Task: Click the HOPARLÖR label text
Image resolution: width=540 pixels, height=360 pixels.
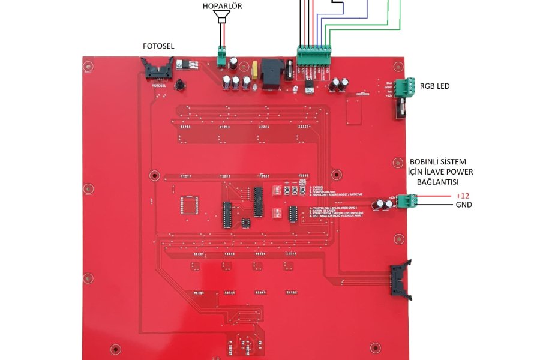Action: tap(223, 7)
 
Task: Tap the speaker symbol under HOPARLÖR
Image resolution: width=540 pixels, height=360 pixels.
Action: tap(223, 18)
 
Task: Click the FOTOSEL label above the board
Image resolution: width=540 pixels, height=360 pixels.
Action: tap(159, 46)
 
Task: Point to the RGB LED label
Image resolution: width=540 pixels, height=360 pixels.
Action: tap(435, 86)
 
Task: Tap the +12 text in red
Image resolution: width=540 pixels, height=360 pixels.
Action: tap(463, 196)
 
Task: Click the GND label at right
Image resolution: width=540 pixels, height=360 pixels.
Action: tap(463, 205)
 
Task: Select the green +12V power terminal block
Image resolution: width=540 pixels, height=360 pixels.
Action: tap(410, 200)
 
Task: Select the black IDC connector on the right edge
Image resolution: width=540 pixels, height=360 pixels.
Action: tap(400, 280)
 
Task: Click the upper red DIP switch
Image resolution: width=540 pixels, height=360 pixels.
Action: tap(278, 190)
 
